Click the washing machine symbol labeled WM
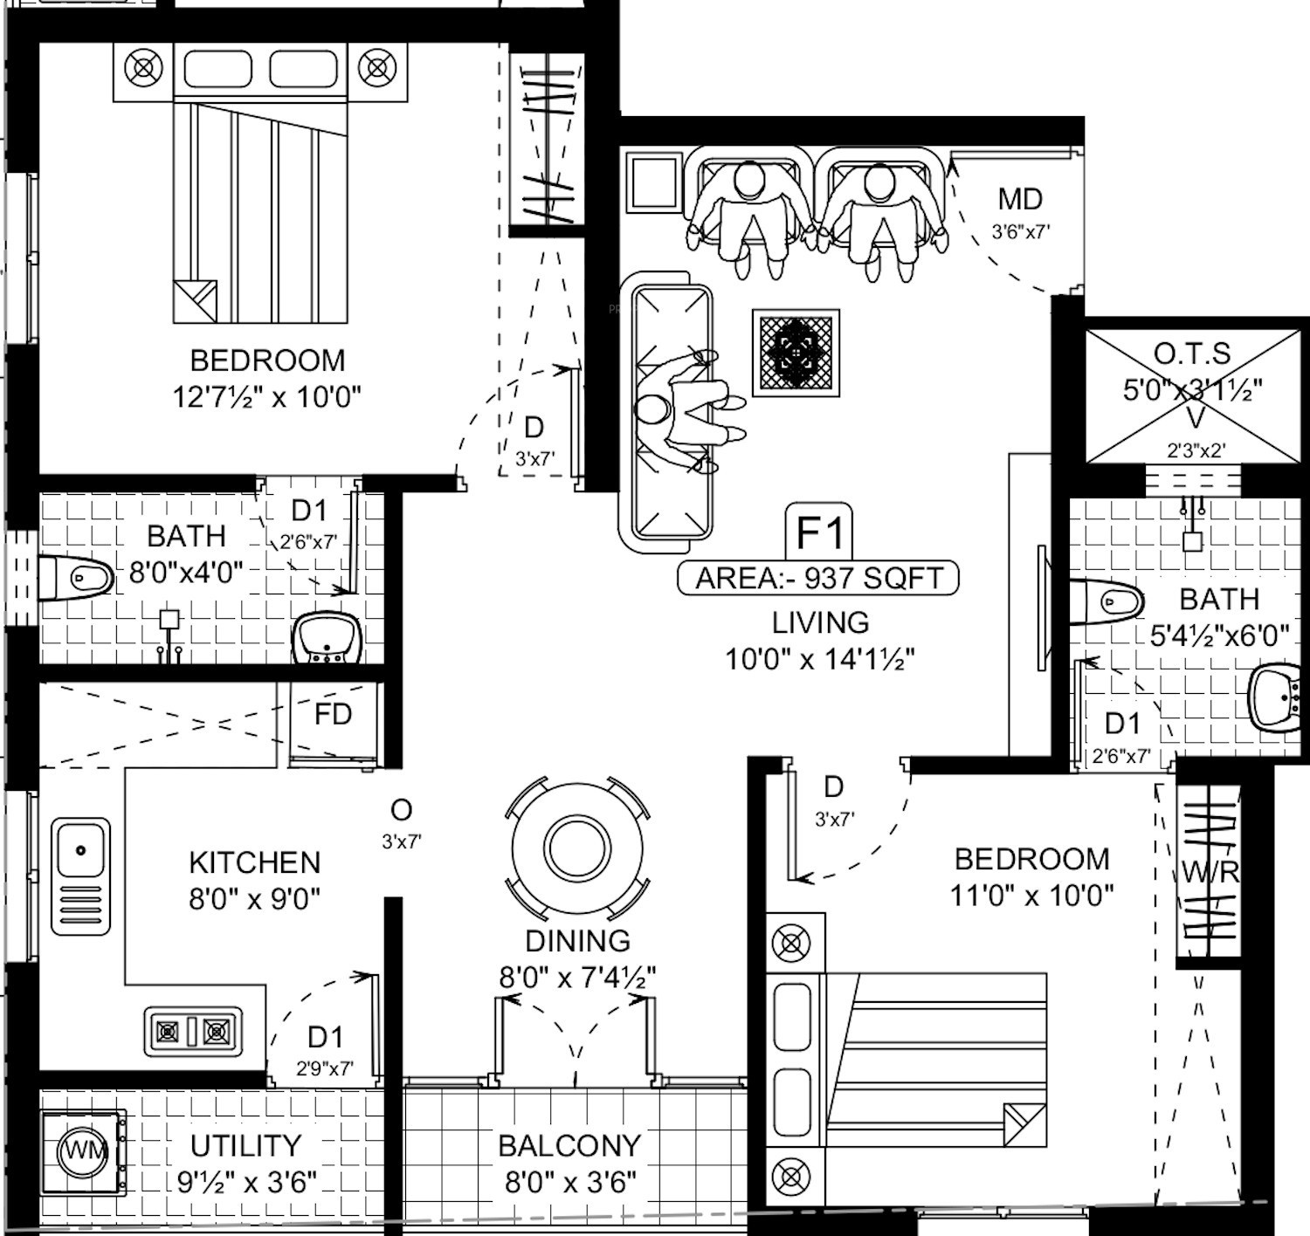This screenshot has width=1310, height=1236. click(x=84, y=1150)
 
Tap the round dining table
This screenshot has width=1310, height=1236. click(x=577, y=846)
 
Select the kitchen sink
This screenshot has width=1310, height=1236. click(x=80, y=875)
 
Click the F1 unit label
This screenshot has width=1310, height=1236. click(x=820, y=531)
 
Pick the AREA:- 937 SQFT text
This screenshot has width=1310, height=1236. click(x=818, y=578)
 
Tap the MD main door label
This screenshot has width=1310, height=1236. click(x=1019, y=200)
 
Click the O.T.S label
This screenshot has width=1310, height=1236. click(x=1192, y=354)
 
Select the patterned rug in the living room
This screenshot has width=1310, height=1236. click(x=796, y=353)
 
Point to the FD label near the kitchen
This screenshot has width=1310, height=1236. click(x=333, y=715)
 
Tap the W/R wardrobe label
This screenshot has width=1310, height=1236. click(x=1210, y=871)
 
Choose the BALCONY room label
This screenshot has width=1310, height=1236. click(x=569, y=1145)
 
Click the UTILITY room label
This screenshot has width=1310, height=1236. click(x=245, y=1145)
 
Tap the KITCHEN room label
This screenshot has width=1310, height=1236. click(x=254, y=862)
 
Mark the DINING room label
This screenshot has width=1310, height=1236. click(x=577, y=940)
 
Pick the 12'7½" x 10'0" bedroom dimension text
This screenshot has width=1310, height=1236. click(x=266, y=397)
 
